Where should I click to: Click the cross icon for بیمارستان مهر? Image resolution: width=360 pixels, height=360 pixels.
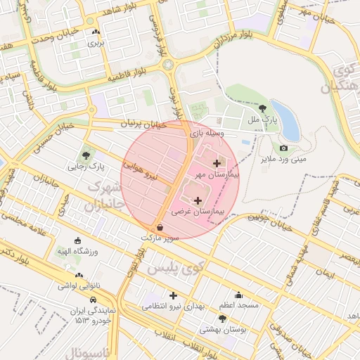tap(215, 163)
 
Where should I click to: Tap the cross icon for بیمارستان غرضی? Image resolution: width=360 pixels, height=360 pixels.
tap(197, 201)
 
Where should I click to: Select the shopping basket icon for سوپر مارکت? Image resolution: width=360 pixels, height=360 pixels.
tap(160, 228)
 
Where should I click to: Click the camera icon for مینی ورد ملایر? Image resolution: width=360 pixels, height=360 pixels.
tap(283, 148)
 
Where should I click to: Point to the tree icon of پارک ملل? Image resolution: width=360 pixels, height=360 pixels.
tap(263, 108)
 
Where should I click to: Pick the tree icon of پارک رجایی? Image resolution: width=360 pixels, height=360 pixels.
tap(86, 155)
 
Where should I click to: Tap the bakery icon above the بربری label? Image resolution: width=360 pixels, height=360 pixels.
tap(95, 32)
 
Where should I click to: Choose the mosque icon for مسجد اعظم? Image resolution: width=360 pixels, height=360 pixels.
tap(239, 295)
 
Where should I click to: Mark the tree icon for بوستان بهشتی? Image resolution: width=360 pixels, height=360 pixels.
tap(222, 318)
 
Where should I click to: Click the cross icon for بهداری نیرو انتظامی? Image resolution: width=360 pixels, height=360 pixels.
tap(173, 295)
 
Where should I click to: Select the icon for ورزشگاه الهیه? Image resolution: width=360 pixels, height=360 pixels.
tap(77, 240)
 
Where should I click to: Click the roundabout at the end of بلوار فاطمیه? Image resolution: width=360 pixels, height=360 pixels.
tap(168, 65)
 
